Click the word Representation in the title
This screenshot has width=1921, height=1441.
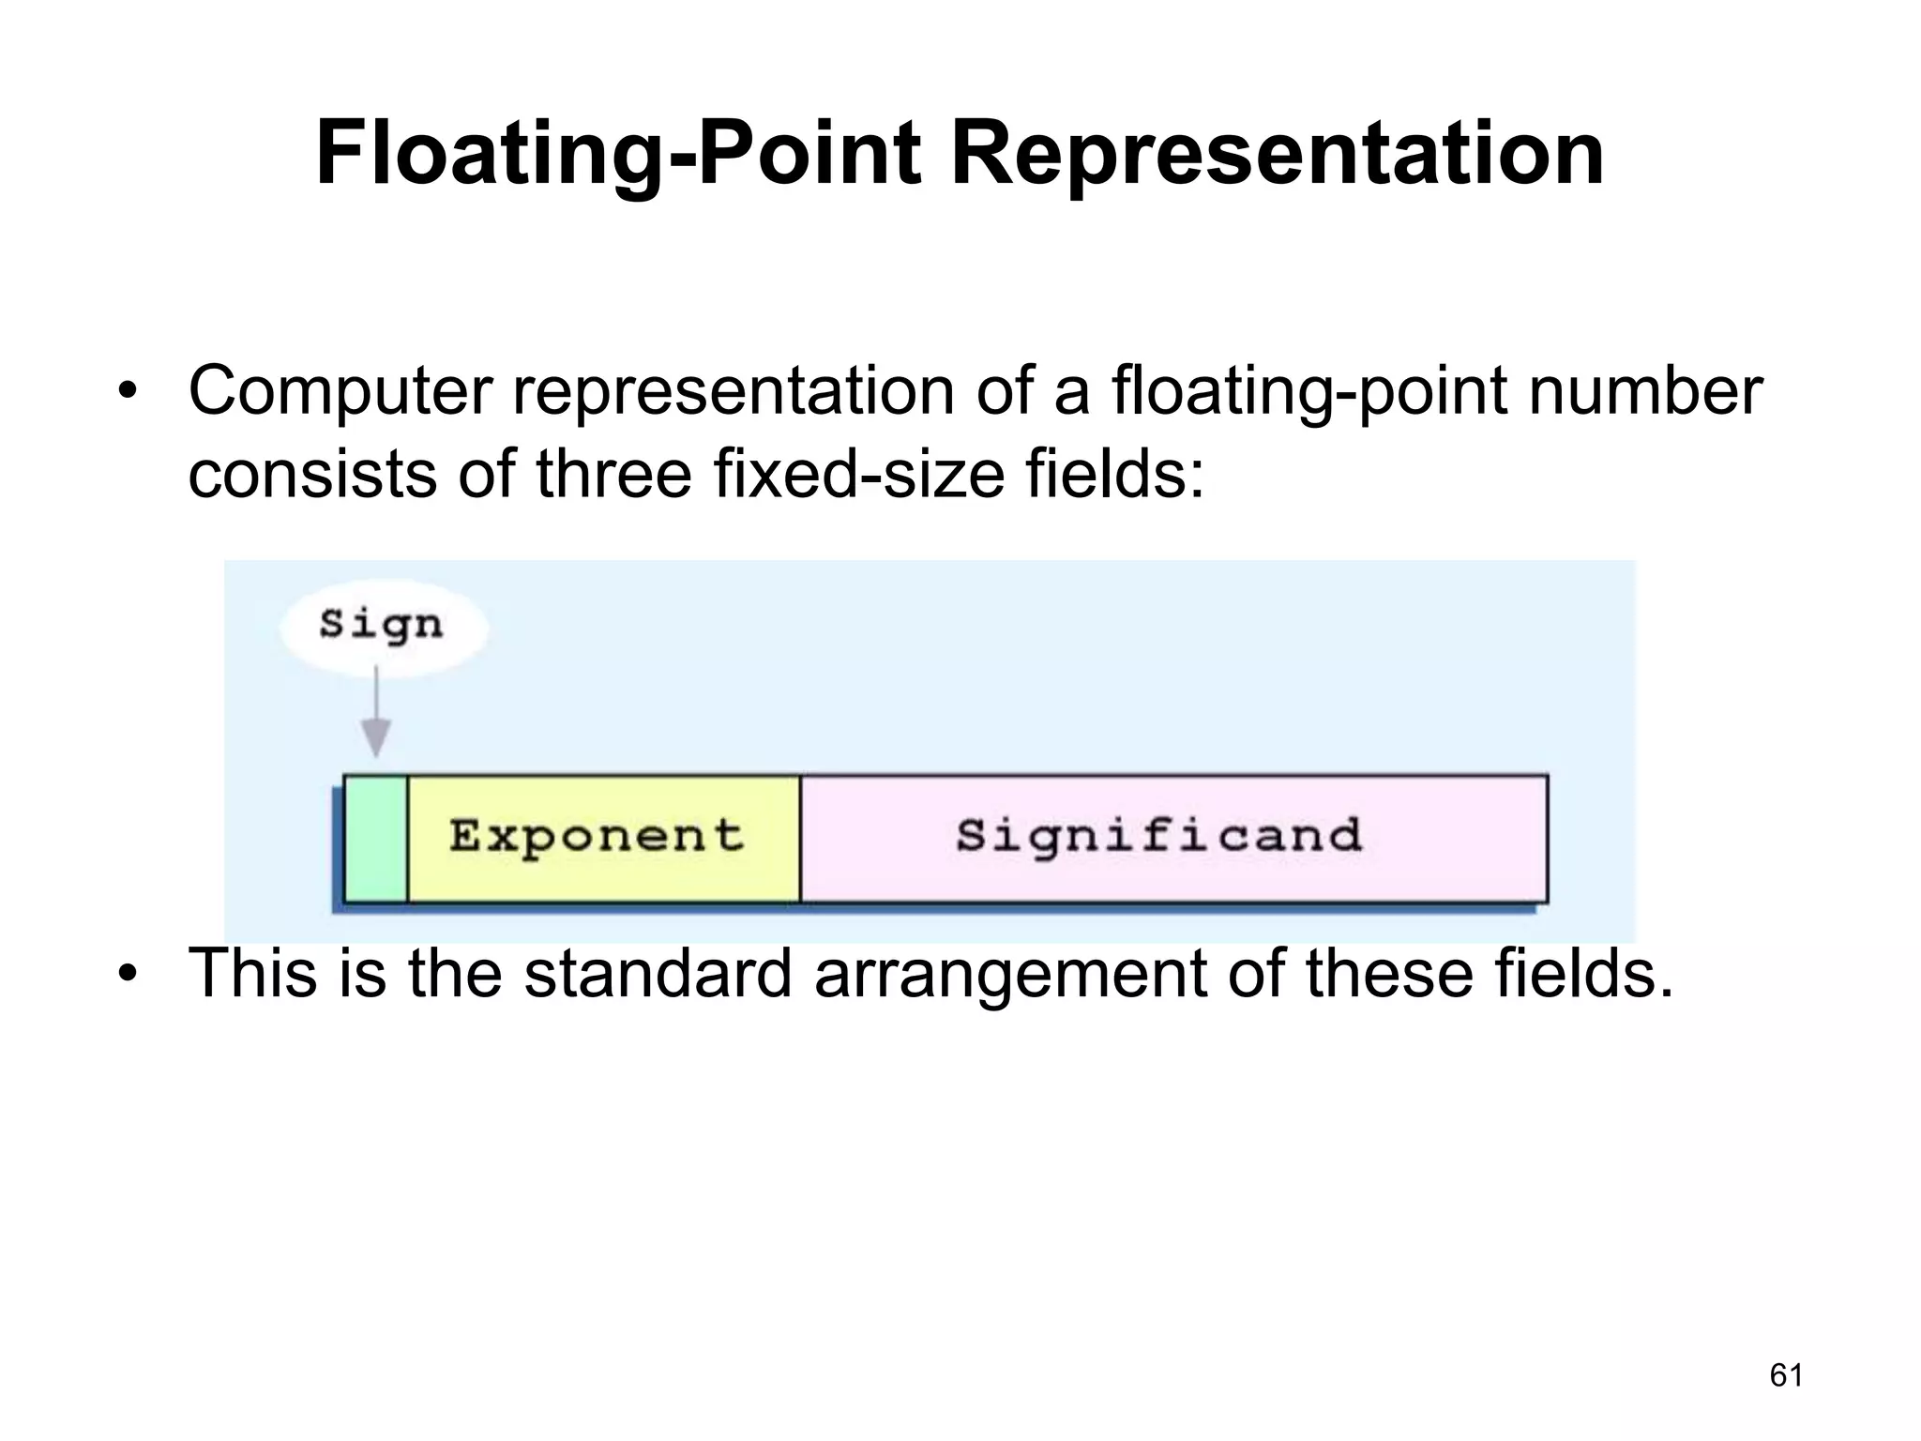(1278, 155)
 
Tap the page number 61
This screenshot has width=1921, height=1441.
(1786, 1375)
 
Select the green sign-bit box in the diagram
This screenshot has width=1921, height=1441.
(376, 838)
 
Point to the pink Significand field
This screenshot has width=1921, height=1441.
(1172, 838)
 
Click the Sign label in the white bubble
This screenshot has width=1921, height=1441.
(381, 625)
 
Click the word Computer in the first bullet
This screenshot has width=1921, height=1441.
(340, 391)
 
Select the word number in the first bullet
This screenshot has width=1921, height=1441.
(1645, 391)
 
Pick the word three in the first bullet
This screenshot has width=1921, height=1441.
(613, 475)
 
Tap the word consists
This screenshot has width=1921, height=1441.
(311, 475)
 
